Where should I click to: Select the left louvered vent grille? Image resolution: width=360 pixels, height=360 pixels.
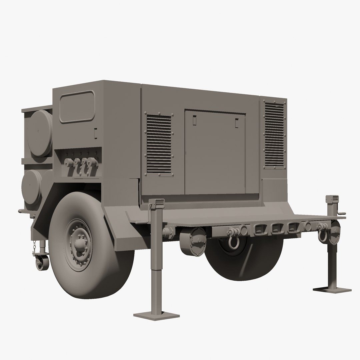159,144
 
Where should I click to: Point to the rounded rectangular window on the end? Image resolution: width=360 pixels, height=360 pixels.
77,106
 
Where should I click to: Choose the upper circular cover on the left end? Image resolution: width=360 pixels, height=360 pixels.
39,133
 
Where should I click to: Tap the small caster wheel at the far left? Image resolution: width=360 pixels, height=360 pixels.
42,264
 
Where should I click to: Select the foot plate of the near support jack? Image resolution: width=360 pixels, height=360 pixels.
156,315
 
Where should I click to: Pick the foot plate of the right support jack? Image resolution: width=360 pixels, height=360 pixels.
332,289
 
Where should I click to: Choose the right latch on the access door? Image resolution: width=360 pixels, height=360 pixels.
236,122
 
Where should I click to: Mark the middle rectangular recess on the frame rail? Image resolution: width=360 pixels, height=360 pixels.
277,229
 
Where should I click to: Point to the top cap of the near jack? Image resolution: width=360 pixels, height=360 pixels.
156,202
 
